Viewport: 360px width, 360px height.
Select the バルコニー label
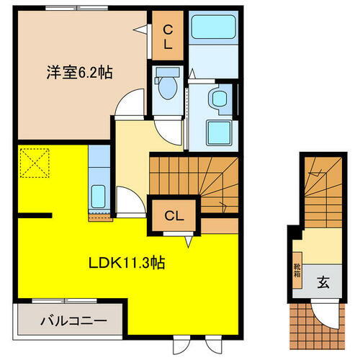pyautogui.click(x=73, y=320)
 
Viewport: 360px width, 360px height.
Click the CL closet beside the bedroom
pyautogui.click(x=166, y=35)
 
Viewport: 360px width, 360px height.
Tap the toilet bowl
pyautogui.click(x=166, y=86)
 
